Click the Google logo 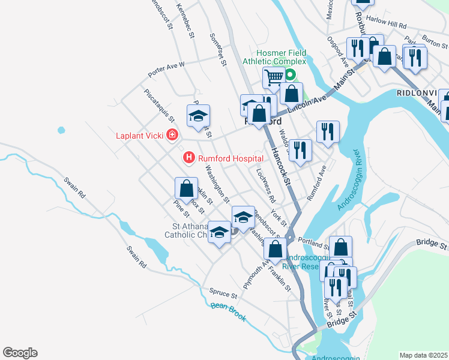(x=20, y=353)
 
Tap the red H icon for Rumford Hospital (x=188, y=158)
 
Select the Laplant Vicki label (x=139, y=135)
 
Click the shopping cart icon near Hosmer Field (x=273, y=76)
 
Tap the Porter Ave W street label (x=166, y=69)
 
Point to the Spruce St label (x=223, y=293)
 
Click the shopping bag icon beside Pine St (x=186, y=188)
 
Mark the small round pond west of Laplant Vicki (x=61, y=130)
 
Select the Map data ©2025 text (x=423, y=355)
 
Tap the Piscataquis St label (x=159, y=105)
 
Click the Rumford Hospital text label (x=231, y=158)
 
